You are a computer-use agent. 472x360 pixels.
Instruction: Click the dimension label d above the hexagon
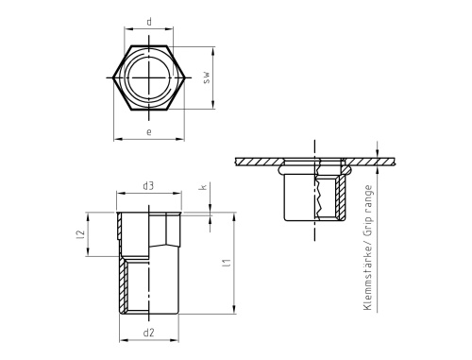149,22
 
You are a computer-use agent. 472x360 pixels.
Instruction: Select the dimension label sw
206,77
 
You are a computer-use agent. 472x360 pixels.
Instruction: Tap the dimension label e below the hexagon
149,131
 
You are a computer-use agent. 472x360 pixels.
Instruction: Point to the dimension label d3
148,186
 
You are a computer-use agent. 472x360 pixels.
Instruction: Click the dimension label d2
148,333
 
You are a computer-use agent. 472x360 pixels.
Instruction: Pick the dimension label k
204,187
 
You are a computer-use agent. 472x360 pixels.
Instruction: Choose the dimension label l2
81,234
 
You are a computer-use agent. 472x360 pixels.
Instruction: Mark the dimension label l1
227,263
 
